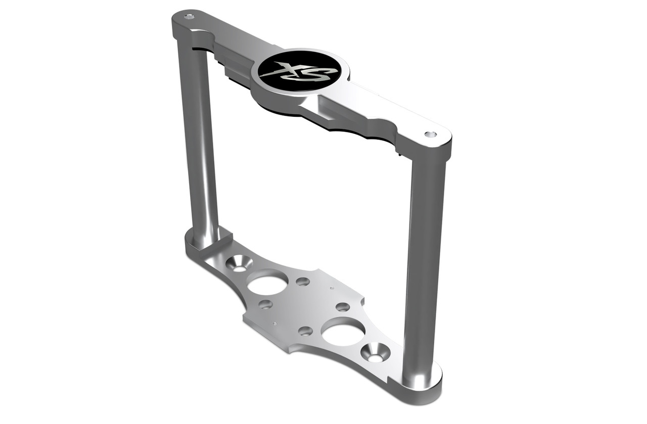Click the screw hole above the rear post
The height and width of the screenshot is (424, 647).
pos(189,16)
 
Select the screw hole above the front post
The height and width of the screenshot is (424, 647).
pos(430,134)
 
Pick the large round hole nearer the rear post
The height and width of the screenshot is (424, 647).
pos(267,282)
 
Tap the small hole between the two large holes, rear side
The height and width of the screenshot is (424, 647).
pos(303,281)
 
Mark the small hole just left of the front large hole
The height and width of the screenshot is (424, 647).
pos(305,331)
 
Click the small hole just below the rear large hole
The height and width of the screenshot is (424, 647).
pos(265,304)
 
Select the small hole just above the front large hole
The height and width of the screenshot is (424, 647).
pos(343,307)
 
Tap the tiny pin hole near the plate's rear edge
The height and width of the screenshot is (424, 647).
pos(331,289)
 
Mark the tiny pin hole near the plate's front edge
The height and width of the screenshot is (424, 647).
pos(273,323)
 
